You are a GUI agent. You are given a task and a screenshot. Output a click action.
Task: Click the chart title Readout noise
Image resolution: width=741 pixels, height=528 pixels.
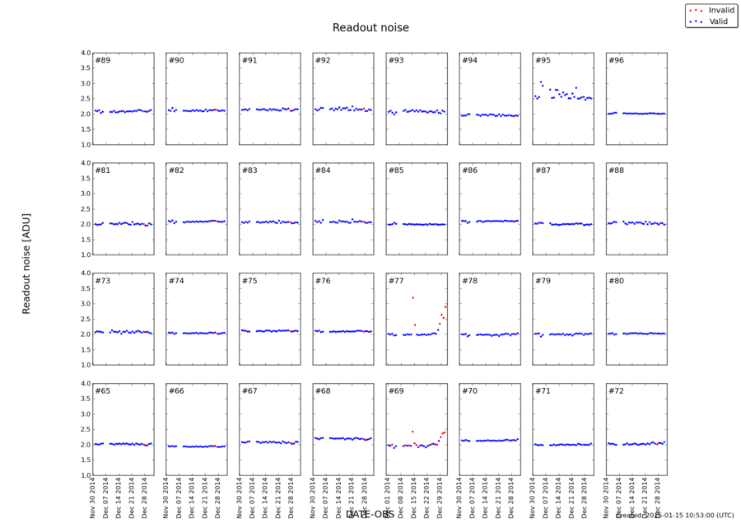tap(370, 28)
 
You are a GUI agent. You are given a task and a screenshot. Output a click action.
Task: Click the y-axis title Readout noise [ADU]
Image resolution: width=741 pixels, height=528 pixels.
tap(26, 260)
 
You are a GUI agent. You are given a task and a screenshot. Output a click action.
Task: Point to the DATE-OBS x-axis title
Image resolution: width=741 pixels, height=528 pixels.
tap(370, 515)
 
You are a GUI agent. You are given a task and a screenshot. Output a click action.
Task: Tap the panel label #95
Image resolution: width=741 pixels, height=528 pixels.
tap(543, 60)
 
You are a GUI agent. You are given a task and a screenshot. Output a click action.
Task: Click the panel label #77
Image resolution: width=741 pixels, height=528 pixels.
tap(396, 281)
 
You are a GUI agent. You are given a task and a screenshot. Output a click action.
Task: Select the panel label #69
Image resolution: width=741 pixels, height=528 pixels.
tap(396, 390)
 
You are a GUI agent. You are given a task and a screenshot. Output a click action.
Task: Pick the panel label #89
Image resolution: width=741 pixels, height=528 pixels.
tap(103, 60)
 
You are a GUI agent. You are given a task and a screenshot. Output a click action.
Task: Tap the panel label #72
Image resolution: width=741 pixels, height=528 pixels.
tap(616, 390)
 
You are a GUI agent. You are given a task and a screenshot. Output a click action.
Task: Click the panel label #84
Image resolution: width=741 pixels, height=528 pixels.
tap(323, 171)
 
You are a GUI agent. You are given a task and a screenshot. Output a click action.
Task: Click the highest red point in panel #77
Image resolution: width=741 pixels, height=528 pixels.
tap(412, 297)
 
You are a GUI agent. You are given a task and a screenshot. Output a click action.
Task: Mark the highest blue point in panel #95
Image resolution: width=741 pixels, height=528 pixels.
tap(540, 82)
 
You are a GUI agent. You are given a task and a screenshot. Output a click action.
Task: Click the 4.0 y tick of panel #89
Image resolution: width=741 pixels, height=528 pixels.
tap(86, 53)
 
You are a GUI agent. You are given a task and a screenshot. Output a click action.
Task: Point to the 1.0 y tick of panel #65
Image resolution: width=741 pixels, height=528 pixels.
tap(86, 475)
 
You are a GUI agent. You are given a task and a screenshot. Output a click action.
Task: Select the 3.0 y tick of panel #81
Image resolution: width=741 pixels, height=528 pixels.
tap(86, 194)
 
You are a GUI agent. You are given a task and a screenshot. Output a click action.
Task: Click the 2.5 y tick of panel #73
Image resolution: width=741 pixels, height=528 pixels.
tap(86, 319)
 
